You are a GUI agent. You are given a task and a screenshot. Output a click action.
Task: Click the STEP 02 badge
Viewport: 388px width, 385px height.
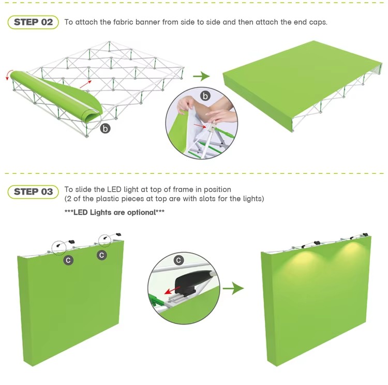[x=33, y=22]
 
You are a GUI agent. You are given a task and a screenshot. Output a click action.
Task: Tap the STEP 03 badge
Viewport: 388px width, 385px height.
[x=33, y=192]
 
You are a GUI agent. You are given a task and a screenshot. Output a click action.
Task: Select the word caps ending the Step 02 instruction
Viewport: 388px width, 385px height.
[x=318, y=23]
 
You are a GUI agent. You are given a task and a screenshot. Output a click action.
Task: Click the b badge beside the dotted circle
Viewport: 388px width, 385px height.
[x=106, y=129]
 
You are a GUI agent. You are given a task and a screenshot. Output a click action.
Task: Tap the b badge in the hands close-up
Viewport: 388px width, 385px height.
[x=205, y=96]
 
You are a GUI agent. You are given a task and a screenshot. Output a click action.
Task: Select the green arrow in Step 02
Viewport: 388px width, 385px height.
[x=201, y=76]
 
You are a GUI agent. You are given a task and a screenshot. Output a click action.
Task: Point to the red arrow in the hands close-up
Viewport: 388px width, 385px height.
[x=200, y=126]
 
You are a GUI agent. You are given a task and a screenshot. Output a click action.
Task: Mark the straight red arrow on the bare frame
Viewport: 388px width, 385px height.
[x=85, y=84]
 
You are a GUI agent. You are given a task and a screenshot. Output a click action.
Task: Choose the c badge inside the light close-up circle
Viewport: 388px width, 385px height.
[x=178, y=260]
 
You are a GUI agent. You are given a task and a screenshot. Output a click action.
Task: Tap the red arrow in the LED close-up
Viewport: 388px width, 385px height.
[x=172, y=290]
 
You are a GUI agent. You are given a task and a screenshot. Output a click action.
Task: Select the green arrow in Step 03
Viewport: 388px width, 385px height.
[x=233, y=288]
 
